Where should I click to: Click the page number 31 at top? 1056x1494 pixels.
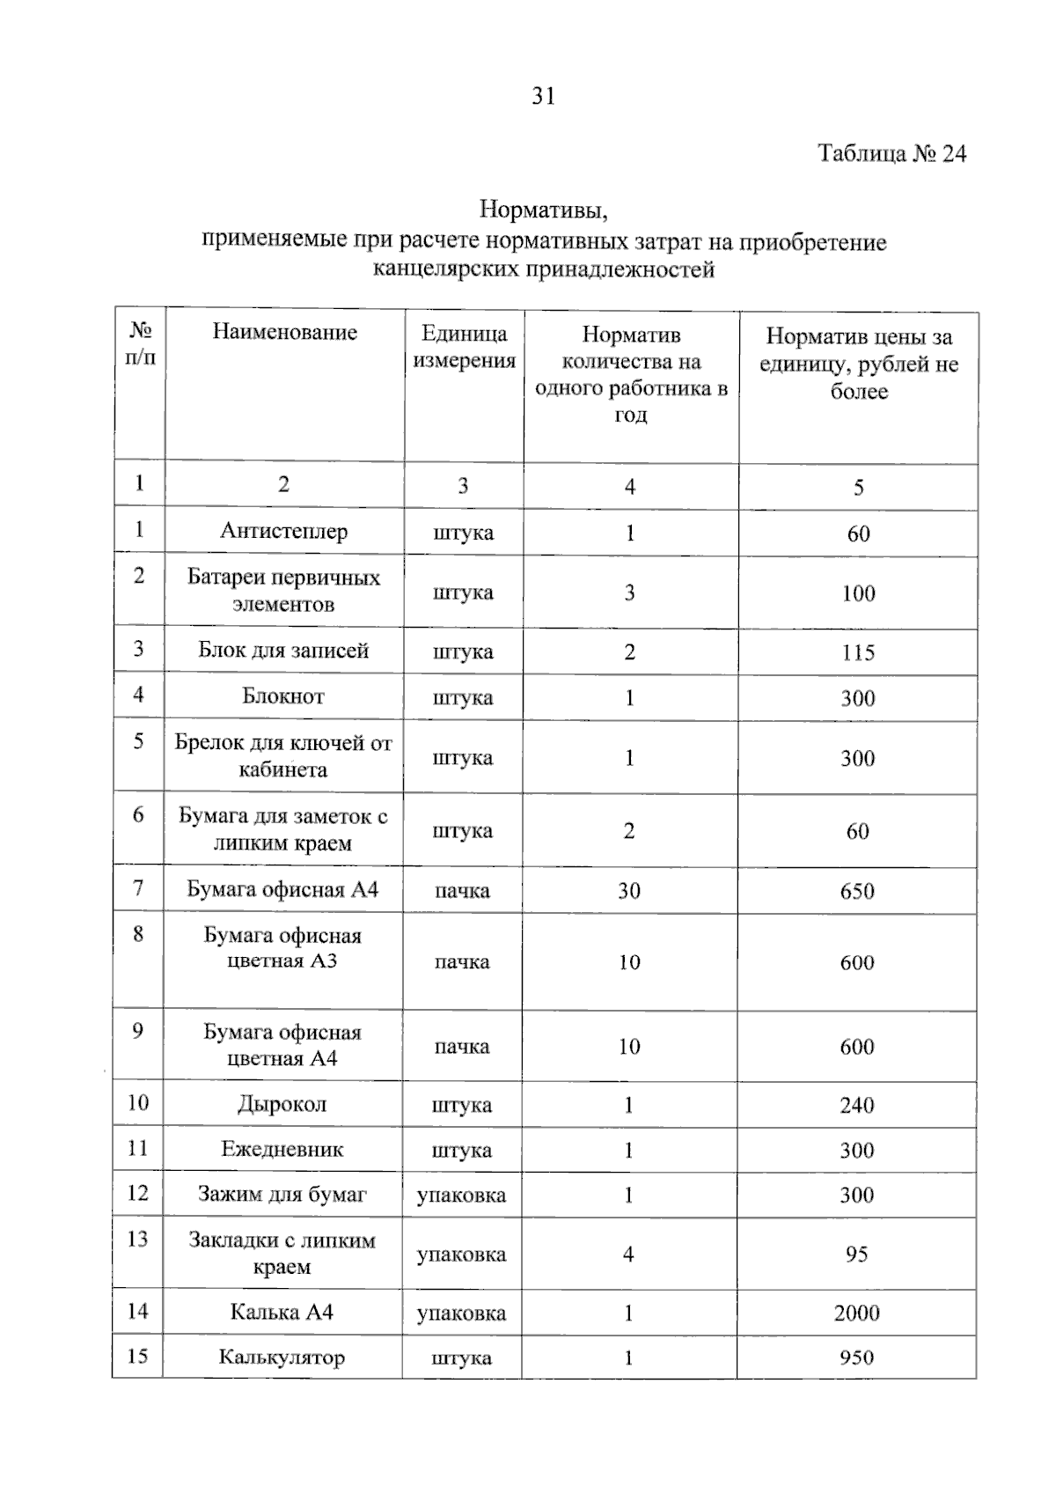click(x=544, y=96)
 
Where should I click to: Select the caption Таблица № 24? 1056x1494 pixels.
click(x=891, y=154)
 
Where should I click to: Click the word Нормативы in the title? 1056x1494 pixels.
click(x=544, y=210)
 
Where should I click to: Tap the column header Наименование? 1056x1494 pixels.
click(x=284, y=333)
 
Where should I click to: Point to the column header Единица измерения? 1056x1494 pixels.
click(x=464, y=347)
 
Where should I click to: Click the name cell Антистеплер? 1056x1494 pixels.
click(x=283, y=532)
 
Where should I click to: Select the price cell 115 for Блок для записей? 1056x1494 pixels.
click(x=857, y=652)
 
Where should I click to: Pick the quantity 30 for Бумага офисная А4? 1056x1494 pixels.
click(x=628, y=891)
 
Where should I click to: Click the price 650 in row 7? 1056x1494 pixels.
click(x=857, y=891)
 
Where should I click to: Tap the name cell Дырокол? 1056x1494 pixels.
click(x=282, y=1104)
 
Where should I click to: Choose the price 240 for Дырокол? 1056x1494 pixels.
click(x=856, y=1105)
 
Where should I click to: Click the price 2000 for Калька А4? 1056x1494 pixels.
click(x=856, y=1313)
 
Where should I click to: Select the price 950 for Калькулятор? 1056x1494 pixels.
click(x=856, y=1358)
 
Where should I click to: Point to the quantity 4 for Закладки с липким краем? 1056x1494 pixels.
click(x=628, y=1254)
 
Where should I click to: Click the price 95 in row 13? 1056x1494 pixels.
click(x=856, y=1254)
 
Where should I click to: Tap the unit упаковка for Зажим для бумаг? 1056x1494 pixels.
click(x=461, y=1196)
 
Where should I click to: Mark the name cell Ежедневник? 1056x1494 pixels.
click(x=282, y=1149)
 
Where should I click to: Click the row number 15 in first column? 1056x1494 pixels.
click(x=137, y=1356)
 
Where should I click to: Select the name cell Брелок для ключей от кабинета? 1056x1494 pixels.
click(x=283, y=756)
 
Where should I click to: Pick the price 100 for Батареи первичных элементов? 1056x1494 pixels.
click(x=858, y=593)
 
